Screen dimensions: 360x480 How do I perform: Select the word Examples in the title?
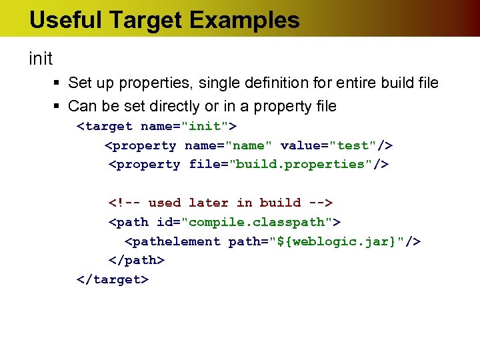pyautogui.click(x=245, y=20)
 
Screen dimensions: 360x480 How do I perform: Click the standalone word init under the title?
pyautogui.click(x=41, y=59)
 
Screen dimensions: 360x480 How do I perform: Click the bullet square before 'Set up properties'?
pyautogui.click(x=57, y=83)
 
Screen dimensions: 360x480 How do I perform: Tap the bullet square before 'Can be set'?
pyautogui.click(x=57, y=107)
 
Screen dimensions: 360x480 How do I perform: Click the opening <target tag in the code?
pyautogui.click(x=105, y=126)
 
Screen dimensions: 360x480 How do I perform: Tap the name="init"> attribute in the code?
pyautogui.click(x=189, y=126)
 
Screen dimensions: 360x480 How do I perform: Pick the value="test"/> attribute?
pyautogui.click(x=337, y=145)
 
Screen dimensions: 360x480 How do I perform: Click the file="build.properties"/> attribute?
pyautogui.click(x=289, y=164)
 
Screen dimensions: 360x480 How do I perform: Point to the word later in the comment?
pyautogui.click(x=208, y=203)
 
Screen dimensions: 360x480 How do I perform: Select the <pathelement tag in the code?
pyautogui.click(x=172, y=241)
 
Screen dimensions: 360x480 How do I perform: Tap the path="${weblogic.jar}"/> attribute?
pyautogui.click(x=325, y=241)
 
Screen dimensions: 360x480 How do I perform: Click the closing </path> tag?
pyautogui.click(x=136, y=260)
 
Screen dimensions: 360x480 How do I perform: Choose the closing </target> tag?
pyautogui.click(x=112, y=279)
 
